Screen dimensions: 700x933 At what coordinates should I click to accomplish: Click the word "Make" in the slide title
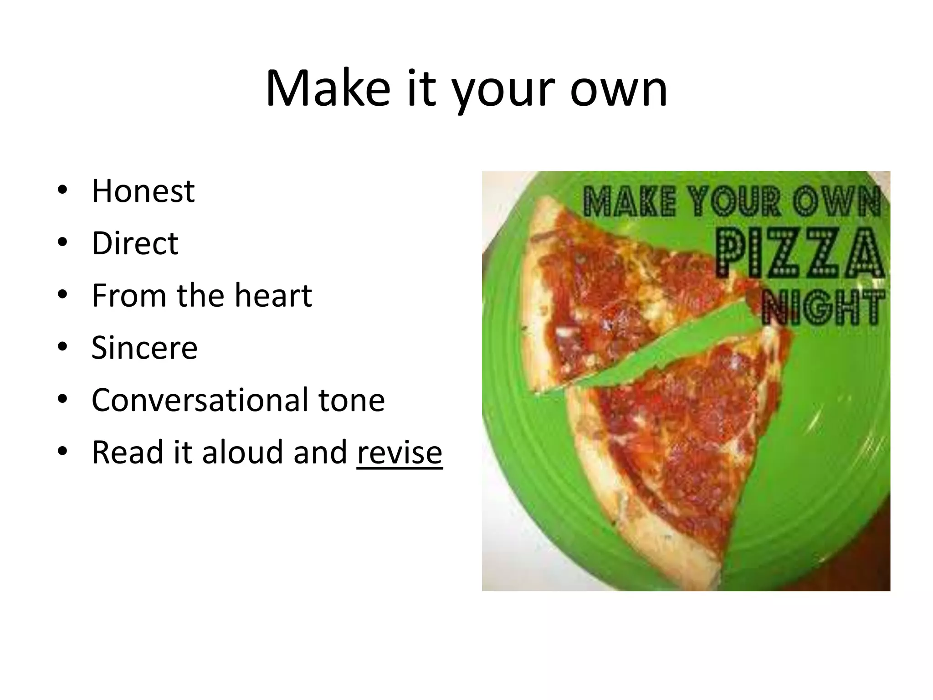coord(328,89)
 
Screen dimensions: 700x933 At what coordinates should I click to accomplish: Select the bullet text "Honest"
coord(143,191)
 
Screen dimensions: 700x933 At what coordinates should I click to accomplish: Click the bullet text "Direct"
coord(135,243)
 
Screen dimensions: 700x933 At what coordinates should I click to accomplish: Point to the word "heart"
coord(273,296)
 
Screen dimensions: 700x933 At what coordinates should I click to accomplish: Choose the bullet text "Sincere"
coord(144,348)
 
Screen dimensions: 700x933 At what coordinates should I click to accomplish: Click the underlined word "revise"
coord(400,453)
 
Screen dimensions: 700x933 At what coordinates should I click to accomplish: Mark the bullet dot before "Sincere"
coord(62,347)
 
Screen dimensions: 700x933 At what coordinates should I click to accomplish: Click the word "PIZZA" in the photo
coord(799,253)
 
